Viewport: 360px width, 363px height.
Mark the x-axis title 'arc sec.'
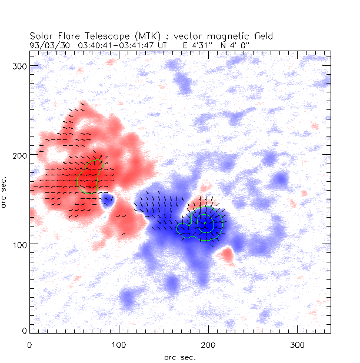(180, 357)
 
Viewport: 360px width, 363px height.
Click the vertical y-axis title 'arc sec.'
(5, 189)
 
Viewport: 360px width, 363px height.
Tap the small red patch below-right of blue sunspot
(226, 254)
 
